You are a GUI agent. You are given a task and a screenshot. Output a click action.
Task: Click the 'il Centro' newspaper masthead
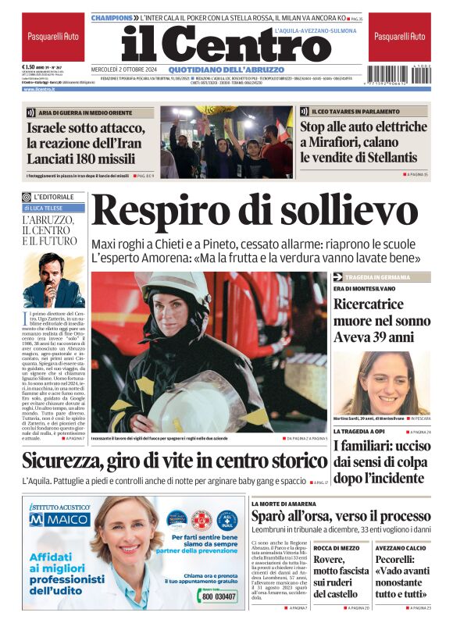pyautogui.click(x=215, y=45)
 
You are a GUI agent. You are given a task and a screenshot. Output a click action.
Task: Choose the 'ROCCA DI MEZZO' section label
pyautogui.click(x=337, y=549)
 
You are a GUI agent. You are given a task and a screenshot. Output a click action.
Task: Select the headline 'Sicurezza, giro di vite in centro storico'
pyautogui.click(x=174, y=461)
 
